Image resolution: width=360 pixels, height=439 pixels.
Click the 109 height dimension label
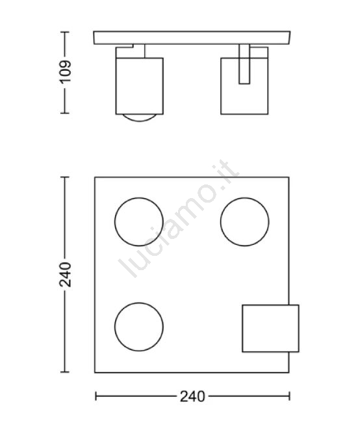[65, 71]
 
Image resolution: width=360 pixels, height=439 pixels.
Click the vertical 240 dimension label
[65, 274]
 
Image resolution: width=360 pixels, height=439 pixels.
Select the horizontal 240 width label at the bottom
[192, 396]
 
